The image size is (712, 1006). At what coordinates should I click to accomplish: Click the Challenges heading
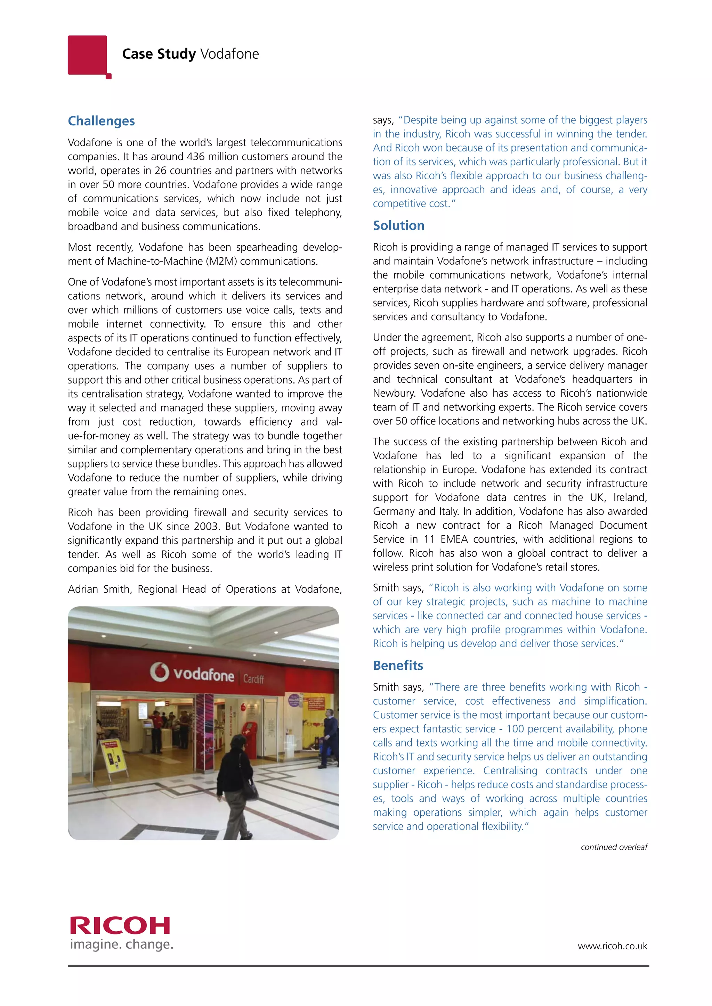101,121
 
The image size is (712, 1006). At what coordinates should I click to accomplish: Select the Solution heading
398,226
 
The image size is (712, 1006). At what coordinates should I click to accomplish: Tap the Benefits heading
398,666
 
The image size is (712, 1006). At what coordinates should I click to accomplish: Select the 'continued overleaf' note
614,847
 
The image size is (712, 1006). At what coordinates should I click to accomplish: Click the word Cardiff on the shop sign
253,679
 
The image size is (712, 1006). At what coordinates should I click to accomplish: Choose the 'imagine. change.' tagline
121,945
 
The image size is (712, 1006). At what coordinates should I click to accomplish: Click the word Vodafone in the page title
229,54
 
